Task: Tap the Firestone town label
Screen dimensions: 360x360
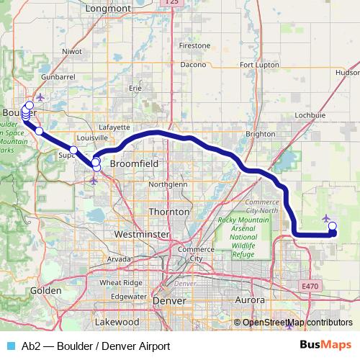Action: click(194, 45)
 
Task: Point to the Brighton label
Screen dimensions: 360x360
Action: click(261, 134)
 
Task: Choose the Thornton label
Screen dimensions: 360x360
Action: click(168, 212)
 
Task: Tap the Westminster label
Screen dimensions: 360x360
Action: click(148, 235)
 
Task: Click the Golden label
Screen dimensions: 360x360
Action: click(42, 290)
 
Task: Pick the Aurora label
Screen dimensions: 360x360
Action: click(251, 299)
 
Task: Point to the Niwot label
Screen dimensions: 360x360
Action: click(73, 52)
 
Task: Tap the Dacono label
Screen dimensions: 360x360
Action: click(194, 64)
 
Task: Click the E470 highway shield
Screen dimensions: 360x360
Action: click(310, 287)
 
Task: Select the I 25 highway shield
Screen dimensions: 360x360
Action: click(171, 3)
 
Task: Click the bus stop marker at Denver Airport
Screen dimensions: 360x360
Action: click(332, 227)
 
